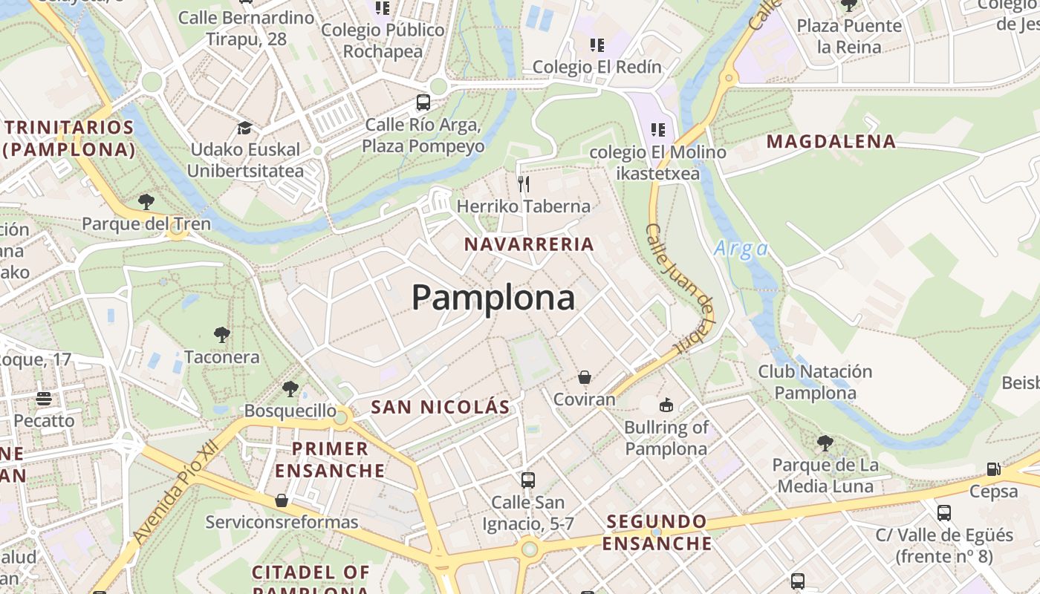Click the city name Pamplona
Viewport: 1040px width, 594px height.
click(x=493, y=298)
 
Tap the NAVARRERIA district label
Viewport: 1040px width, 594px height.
click(x=529, y=244)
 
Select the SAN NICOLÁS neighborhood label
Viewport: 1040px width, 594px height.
click(x=441, y=407)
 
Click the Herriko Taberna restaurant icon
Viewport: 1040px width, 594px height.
click(x=524, y=183)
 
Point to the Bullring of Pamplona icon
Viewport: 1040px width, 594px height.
click(x=666, y=405)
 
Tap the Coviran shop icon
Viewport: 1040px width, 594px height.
click(x=585, y=377)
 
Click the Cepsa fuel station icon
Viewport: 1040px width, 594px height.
click(x=993, y=469)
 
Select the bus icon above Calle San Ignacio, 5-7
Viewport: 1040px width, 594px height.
click(x=528, y=480)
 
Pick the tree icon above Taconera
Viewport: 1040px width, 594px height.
click(x=221, y=334)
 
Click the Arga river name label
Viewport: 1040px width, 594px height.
click(x=741, y=249)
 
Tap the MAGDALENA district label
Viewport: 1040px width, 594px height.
click(x=831, y=142)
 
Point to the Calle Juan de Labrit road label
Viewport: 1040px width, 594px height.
click(x=681, y=290)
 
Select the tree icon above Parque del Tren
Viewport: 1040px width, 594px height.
click(x=146, y=201)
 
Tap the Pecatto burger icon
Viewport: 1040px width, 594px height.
click(x=44, y=399)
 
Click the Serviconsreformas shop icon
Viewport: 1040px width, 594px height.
click(x=282, y=500)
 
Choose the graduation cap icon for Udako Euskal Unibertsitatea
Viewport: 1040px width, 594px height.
click(x=244, y=128)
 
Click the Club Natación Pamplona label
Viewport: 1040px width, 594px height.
click(x=815, y=382)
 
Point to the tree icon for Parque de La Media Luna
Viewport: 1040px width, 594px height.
click(x=825, y=443)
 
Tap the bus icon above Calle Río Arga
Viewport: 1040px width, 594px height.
click(x=423, y=102)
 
